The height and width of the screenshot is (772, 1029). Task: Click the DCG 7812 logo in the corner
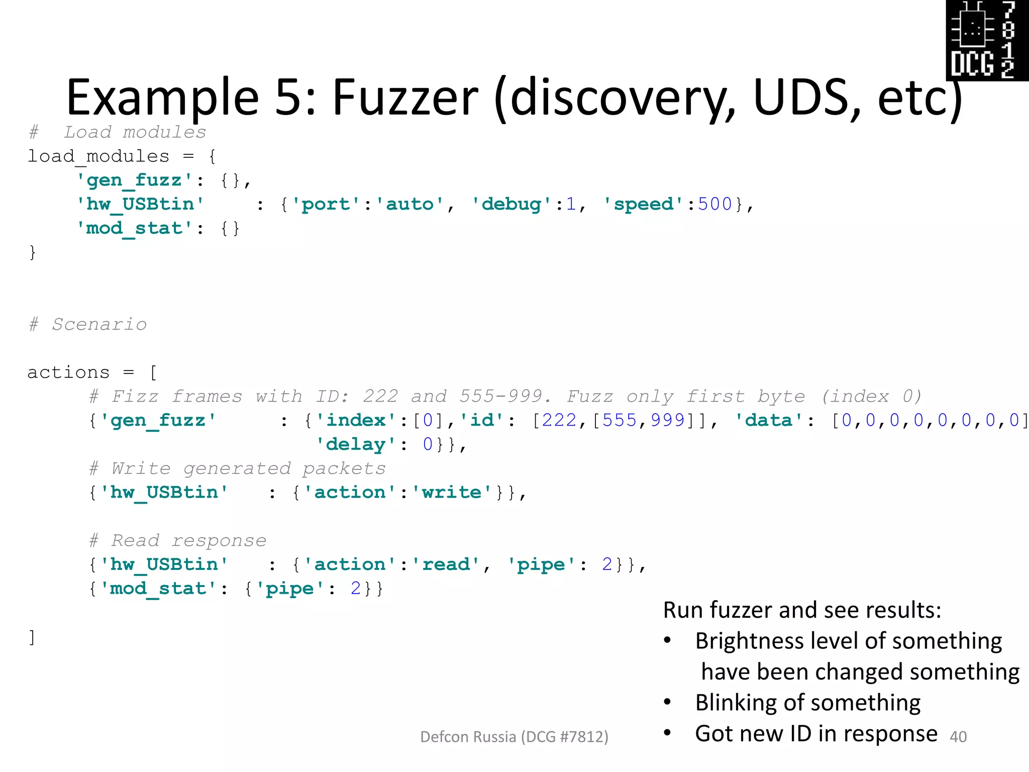[987, 40]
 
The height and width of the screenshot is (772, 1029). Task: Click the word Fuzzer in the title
[405, 98]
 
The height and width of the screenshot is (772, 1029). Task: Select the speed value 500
[714, 204]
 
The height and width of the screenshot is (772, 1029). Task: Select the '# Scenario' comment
[88, 324]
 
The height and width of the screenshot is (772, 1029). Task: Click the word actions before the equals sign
[68, 372]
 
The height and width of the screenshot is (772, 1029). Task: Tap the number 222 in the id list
[559, 420]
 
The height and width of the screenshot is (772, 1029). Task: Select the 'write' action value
[451, 492]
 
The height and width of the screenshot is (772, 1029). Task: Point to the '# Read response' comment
[178, 540]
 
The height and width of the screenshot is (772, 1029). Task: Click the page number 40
[958, 737]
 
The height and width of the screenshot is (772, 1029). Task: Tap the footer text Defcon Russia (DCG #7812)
[514, 737]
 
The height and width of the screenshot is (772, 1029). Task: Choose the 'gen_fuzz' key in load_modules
[134, 180]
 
